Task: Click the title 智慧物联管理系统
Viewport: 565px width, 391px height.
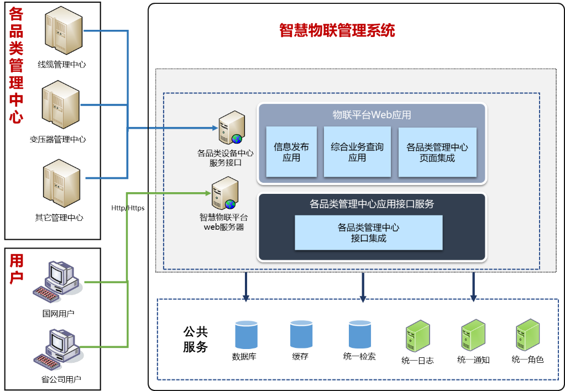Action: click(x=337, y=31)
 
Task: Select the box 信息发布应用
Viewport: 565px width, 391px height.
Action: click(x=291, y=152)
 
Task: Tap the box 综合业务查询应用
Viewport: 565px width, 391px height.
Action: click(x=357, y=152)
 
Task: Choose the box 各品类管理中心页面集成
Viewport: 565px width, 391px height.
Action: click(x=437, y=152)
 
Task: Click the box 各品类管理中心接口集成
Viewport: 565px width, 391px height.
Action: click(x=368, y=233)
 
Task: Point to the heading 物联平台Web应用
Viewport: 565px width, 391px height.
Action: click(x=371, y=115)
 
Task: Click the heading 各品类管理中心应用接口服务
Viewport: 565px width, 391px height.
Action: click(x=372, y=204)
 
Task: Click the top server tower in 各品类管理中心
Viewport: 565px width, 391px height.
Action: click(x=64, y=30)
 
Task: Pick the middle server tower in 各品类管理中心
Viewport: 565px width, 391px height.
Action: click(x=61, y=104)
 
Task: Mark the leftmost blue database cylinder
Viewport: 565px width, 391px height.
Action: click(x=246, y=334)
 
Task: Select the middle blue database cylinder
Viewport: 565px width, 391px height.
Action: click(x=301, y=334)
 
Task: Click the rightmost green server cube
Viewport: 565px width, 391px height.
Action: click(x=528, y=335)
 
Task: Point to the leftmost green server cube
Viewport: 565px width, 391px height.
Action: click(x=418, y=335)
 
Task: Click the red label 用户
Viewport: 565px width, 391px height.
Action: click(x=17, y=268)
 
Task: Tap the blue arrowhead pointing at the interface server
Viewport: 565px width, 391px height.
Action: click(x=215, y=128)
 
